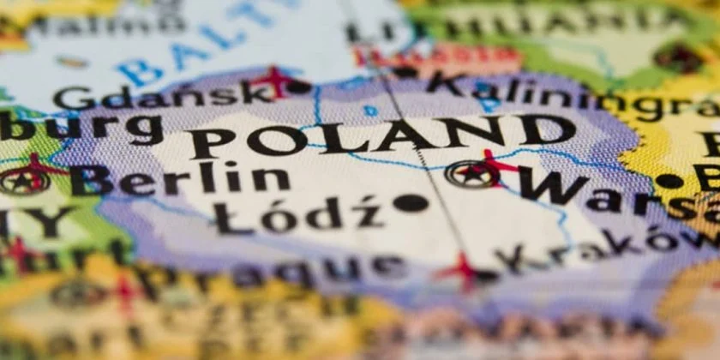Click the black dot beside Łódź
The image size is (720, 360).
coord(410,203)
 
